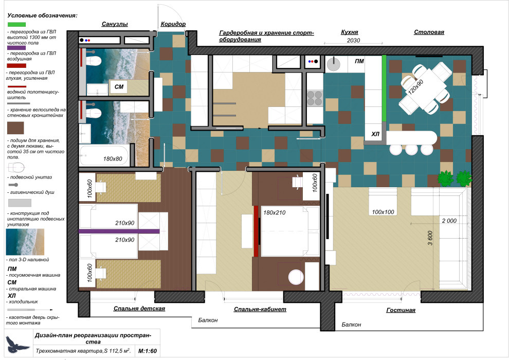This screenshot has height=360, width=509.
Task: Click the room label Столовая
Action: coord(429,32)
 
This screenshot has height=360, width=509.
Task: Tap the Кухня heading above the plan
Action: coord(350,32)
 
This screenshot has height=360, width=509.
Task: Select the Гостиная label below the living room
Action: coord(401,310)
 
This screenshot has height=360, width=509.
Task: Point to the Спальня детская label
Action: coord(139,309)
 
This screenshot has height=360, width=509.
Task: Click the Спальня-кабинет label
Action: coord(260,309)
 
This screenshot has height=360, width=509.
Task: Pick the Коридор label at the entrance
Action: coord(173,24)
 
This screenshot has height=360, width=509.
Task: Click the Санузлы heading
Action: coord(115,24)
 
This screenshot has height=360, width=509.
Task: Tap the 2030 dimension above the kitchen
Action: coord(354,40)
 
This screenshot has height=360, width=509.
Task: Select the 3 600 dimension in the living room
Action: coord(430,238)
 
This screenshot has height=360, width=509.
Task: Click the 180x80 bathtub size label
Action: coord(113,159)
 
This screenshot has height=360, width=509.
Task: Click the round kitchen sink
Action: coord(333,64)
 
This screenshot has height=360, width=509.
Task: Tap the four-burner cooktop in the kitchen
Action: coord(315,99)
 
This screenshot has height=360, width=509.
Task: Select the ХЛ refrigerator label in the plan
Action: coord(375,134)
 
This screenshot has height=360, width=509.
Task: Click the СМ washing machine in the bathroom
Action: coord(118,87)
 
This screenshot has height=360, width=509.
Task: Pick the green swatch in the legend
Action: coord(16,24)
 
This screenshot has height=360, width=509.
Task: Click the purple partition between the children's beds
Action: coord(119,231)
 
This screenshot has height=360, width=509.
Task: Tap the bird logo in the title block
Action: coord(15,344)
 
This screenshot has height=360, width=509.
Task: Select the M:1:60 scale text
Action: coord(148,351)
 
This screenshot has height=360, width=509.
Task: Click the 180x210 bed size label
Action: coord(275,212)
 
